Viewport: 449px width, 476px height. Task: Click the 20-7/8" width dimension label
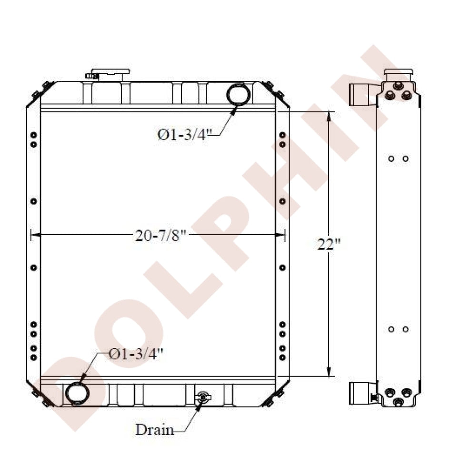tap(160, 236)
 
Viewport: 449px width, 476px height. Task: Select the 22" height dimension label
tap(329, 244)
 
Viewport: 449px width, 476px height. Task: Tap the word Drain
tap(155, 429)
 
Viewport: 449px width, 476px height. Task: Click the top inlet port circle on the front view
tap(239, 94)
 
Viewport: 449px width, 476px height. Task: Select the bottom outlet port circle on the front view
tap(78, 393)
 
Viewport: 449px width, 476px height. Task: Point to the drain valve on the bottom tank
tap(203, 397)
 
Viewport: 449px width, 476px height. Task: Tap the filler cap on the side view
tap(399, 72)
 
